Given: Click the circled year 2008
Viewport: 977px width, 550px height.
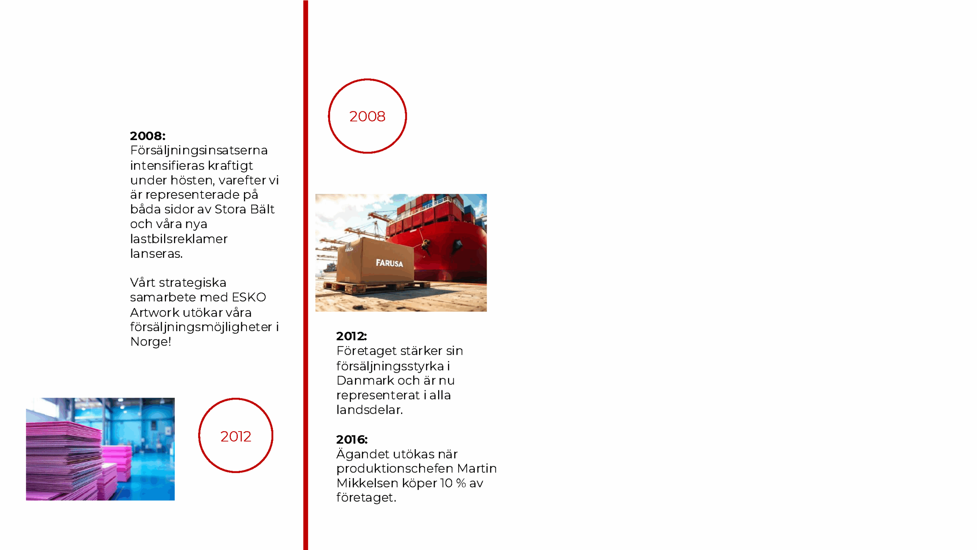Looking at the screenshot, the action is pos(367,116).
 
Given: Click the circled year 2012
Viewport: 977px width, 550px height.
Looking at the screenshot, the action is pos(235,436).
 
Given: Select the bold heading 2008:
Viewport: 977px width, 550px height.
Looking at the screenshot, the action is pos(148,136).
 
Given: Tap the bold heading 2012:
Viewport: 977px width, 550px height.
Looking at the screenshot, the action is pos(351,336).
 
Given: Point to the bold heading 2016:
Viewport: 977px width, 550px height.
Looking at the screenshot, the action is pos(351,439).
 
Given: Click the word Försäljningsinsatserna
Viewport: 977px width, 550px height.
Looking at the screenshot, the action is pos(199,150).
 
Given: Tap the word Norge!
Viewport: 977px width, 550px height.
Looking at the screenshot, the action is pos(151,341).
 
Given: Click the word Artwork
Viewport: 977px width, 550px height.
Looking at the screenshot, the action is pos(155,312).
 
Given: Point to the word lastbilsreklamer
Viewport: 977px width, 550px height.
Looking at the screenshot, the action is pos(179,239).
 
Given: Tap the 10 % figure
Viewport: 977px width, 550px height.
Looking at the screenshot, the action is pos(453,483).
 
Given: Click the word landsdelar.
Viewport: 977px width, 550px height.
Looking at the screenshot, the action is pos(369,410).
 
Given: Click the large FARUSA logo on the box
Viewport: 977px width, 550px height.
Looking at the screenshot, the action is pos(389,263).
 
